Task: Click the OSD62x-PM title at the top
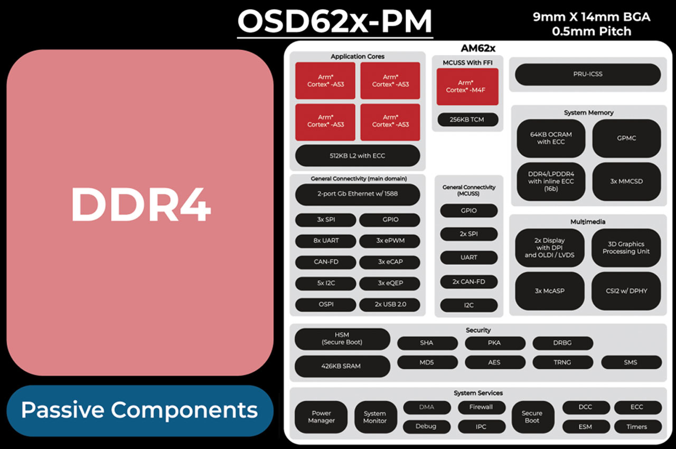pos(335,22)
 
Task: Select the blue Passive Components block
pos(140,410)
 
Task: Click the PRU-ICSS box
pos(587,74)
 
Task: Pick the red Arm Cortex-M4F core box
pos(465,86)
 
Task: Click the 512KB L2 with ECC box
pos(358,155)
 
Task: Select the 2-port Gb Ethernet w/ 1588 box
pos(358,194)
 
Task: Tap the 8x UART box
pos(325,241)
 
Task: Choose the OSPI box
pos(325,304)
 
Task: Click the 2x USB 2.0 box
pos(390,304)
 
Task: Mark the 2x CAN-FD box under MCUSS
pos(468,282)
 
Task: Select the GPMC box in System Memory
pos(626,138)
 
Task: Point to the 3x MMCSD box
pos(626,181)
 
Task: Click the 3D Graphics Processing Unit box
pos(626,248)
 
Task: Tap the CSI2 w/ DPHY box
pos(626,291)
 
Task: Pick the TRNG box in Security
pos(562,362)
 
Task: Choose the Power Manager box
pos(321,417)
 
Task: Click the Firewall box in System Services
pos(481,407)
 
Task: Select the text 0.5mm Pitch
pos(591,31)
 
